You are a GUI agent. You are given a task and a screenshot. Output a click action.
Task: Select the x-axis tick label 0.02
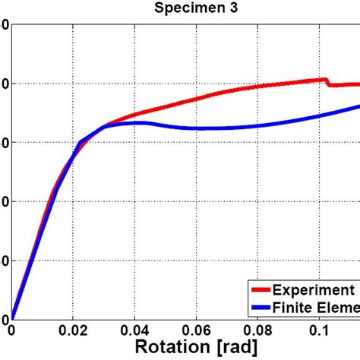coord(74,331)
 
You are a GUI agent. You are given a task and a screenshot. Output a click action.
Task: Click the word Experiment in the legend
coord(313,290)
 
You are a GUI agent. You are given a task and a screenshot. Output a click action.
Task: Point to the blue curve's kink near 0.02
coord(80,142)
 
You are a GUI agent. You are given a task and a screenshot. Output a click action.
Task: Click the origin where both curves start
coord(12,319)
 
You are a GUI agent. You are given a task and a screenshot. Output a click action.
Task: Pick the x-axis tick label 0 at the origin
coord(11,331)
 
